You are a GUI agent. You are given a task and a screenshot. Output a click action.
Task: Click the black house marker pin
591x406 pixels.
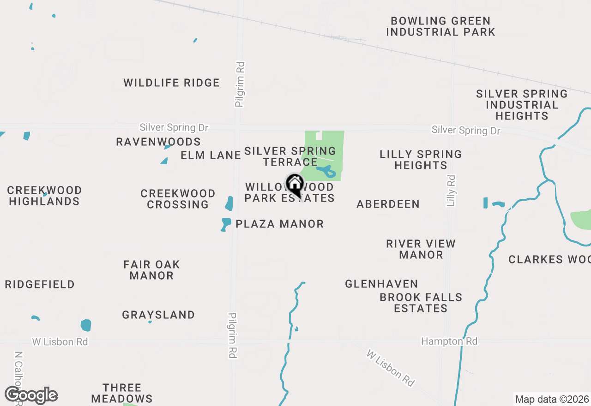coord(295,185)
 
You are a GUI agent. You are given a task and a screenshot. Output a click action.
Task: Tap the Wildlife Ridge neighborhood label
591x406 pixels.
coord(171,83)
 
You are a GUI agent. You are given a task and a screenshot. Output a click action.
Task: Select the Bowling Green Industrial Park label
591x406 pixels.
coord(440,27)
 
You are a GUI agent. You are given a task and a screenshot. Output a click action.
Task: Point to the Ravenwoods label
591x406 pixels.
coord(158,142)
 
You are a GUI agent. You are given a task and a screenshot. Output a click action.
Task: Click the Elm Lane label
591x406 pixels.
coord(211,155)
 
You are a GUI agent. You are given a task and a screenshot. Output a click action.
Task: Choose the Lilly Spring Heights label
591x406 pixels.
coord(421,160)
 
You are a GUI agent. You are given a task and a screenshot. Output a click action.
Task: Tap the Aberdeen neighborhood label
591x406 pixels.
coord(388,204)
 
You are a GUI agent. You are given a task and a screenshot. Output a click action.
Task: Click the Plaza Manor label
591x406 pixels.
coord(279,224)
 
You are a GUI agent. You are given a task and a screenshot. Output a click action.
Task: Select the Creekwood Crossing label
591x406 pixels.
coord(178,199)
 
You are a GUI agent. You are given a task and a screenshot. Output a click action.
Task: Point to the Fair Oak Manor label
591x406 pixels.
coord(151,270)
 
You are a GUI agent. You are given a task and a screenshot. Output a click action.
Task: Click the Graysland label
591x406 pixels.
coord(158,315)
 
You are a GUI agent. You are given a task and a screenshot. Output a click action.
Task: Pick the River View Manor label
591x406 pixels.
coord(421,249)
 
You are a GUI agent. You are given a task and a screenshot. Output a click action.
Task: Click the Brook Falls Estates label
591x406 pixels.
coord(421,303)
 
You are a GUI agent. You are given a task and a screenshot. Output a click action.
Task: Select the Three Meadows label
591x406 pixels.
coord(122,393)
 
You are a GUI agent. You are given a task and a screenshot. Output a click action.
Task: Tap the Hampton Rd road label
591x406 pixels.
coord(449,341)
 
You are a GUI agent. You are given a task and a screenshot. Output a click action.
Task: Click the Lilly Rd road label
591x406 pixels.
coord(451,190)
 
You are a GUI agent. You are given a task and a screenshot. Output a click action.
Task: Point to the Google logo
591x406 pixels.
coord(31,395)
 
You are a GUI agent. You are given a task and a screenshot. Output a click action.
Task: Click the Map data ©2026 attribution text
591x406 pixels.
coord(552,399)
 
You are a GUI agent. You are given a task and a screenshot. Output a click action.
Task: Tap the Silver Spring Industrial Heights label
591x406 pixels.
coord(522,105)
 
